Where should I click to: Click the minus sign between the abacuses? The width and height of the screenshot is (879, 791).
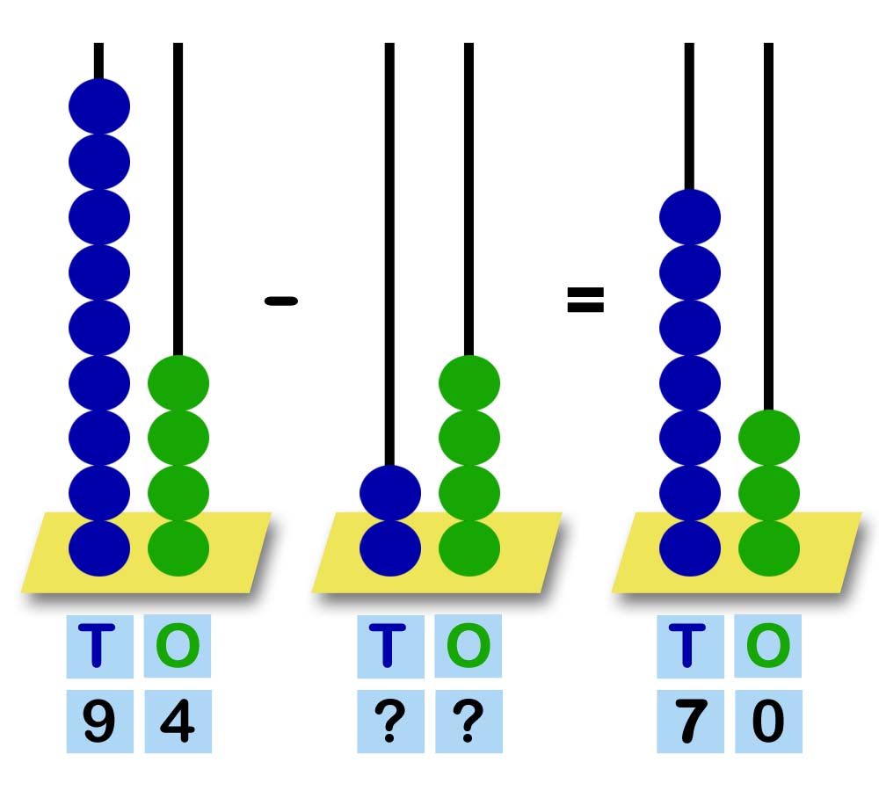280,301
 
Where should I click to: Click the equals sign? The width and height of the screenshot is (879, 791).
585,301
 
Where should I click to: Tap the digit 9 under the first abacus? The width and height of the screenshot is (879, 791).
99,722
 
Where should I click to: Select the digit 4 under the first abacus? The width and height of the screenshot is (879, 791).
178,722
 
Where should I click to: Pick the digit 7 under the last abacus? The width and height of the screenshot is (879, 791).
689,722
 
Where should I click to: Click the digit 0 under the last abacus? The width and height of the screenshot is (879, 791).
767,722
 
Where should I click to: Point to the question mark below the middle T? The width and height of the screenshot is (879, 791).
389,722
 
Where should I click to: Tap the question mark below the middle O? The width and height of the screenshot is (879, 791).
468,722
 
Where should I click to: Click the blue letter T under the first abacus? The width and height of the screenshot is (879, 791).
99,646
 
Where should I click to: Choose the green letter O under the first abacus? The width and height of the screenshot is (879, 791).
178,646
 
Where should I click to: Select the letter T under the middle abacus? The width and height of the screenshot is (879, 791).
389,646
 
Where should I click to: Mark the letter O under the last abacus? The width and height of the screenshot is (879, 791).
767,646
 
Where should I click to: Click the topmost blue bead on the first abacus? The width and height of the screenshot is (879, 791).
99,106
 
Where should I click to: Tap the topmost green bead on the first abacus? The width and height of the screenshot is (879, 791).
178,382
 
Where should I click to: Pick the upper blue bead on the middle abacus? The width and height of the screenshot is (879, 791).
390,492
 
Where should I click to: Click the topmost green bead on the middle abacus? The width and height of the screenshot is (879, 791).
469,382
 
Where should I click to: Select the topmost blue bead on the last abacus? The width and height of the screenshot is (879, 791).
689,216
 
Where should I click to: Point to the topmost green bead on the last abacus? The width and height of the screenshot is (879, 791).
768,438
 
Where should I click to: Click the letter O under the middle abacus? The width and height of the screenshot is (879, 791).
468,646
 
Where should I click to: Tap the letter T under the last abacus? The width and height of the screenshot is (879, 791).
689,646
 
